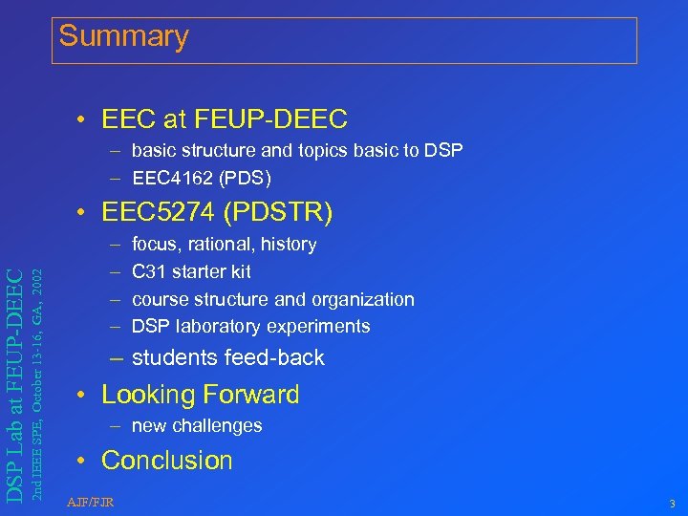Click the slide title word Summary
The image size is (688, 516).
(124, 36)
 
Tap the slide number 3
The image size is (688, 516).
(673, 504)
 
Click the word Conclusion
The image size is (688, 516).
(167, 461)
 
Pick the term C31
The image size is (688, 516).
(147, 272)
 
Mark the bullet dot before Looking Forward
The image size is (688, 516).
(85, 396)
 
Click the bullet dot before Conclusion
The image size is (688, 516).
(85, 462)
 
